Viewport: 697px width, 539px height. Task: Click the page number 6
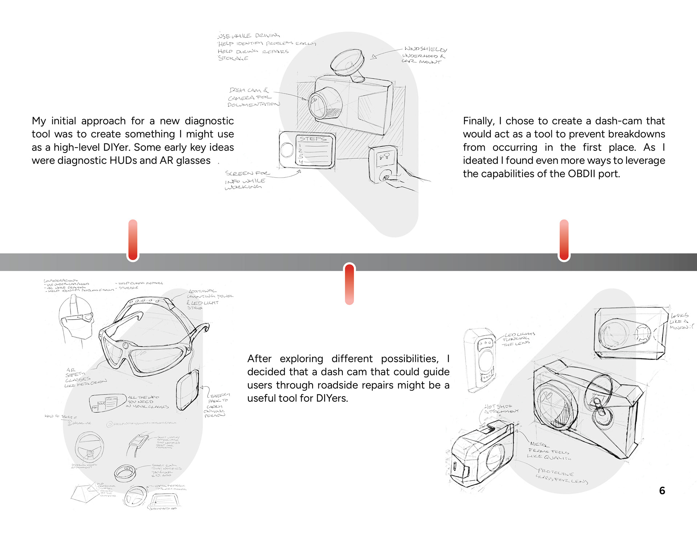[662, 491]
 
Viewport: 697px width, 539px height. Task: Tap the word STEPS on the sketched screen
[313, 139]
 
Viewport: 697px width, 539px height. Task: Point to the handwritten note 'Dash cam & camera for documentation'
[253, 97]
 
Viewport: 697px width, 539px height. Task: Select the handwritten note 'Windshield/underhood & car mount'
[424, 55]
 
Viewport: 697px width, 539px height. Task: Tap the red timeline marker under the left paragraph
[133, 240]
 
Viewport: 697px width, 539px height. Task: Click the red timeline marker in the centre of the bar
[349, 284]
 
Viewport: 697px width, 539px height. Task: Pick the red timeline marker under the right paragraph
[564, 240]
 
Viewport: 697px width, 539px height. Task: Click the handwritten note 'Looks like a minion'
[680, 321]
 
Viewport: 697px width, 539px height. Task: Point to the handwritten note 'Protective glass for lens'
[561, 476]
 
